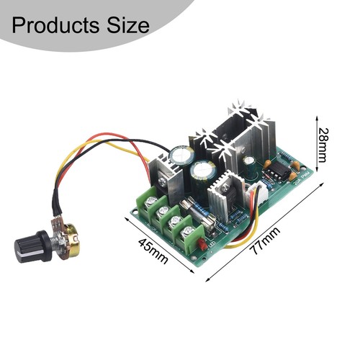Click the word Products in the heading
pos(55,25)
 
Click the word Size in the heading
pos(128,25)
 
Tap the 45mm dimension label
pos(153,251)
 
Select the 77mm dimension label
pos(265,240)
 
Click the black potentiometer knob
pos(32,246)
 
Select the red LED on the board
pos(202,244)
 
